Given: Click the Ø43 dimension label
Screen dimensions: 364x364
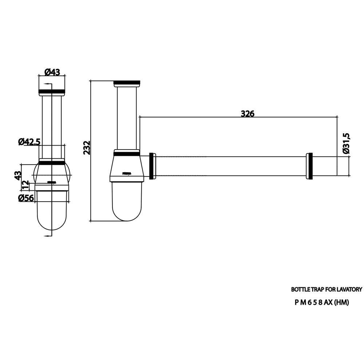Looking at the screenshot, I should tap(52, 72).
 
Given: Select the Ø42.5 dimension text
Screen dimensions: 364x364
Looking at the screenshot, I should tap(29, 142).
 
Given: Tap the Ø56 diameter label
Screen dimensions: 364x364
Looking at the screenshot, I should tap(26, 198).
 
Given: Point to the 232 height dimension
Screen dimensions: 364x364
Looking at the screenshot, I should tap(87, 148).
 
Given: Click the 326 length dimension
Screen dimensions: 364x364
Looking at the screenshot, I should tap(248, 113).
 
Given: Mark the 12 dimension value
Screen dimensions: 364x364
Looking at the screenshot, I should tap(25, 185).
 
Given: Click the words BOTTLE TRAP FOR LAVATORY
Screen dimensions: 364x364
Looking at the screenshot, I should tap(327, 290).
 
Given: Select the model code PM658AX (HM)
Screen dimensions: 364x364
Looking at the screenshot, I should tap(322, 302).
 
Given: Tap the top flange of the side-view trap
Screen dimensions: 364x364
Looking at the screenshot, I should tap(127, 83).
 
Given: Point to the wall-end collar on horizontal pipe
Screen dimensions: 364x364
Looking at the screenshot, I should tap(310, 166).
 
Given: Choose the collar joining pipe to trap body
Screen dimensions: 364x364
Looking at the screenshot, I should tap(153, 166).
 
